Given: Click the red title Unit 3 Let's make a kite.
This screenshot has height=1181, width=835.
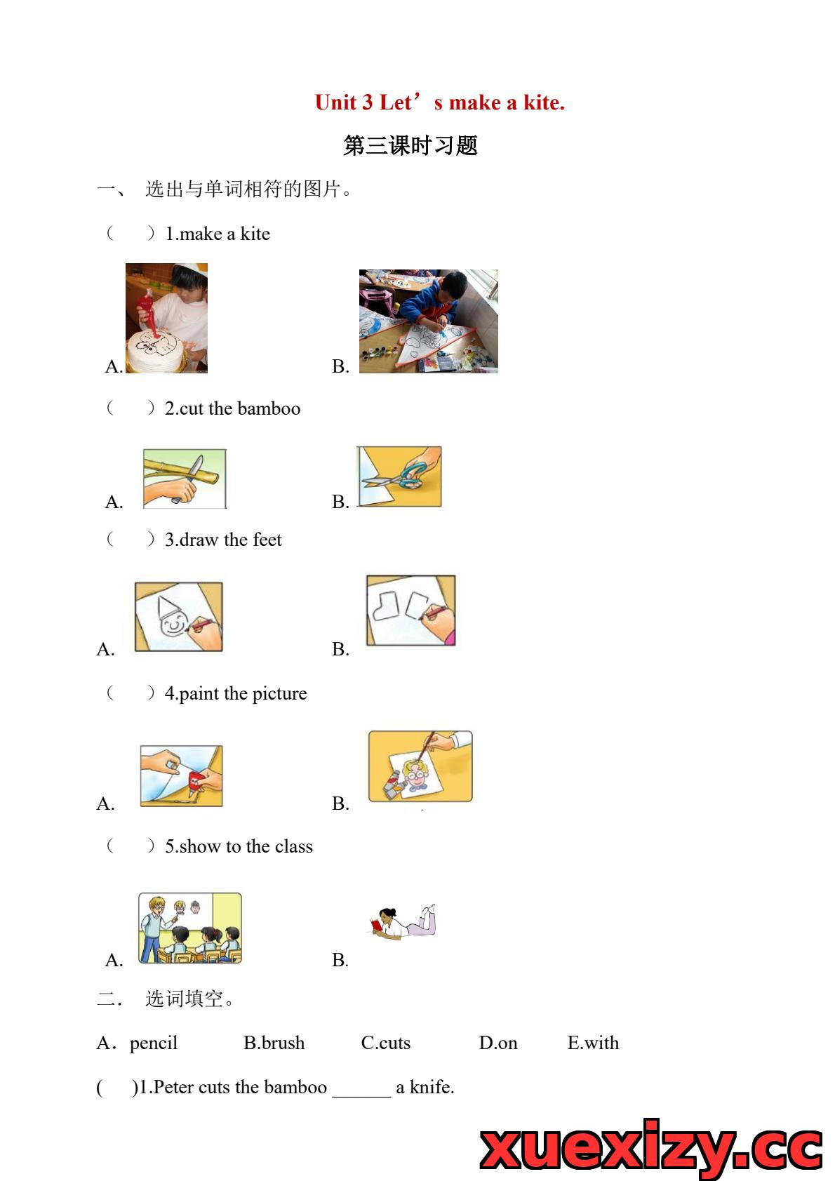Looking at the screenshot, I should click(440, 102).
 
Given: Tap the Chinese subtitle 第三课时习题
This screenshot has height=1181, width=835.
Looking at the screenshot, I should click(410, 145).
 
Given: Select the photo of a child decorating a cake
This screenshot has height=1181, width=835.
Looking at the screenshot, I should click(166, 318).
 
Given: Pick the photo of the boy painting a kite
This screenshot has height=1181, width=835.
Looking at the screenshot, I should click(428, 321).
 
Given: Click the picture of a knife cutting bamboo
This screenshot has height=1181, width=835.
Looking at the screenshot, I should click(185, 479).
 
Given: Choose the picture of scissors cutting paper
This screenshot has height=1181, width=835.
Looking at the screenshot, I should click(399, 476).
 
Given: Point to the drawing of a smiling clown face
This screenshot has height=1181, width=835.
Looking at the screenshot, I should click(178, 617).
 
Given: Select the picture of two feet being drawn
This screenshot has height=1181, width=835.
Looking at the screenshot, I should click(410, 610).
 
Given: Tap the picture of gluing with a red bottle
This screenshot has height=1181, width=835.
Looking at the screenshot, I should click(181, 775).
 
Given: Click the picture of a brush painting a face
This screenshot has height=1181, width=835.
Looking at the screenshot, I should click(420, 766).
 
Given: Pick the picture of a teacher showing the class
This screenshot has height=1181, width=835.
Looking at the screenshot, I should click(189, 928).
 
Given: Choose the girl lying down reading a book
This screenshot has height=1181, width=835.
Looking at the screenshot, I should click(403, 921).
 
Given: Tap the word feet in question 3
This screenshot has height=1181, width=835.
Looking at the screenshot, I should click(267, 540).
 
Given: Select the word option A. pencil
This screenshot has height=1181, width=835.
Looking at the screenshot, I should click(138, 1043).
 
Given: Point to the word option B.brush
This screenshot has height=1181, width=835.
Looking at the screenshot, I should click(274, 1043).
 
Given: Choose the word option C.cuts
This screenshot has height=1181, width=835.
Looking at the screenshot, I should click(385, 1043).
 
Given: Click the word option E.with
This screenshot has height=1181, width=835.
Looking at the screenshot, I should click(593, 1043).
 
